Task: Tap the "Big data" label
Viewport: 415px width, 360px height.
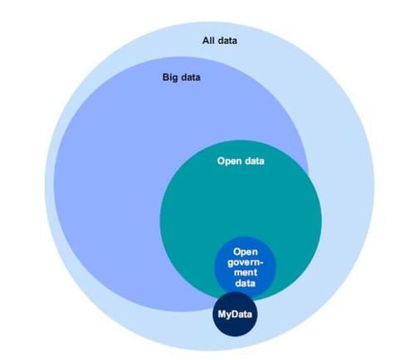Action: pos(182,78)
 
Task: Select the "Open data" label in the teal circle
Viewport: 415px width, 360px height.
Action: pos(240,160)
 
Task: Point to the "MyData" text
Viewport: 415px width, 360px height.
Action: pos(234,315)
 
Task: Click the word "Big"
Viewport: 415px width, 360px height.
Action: pos(169,78)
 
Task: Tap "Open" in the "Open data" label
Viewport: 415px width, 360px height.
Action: pos(228,160)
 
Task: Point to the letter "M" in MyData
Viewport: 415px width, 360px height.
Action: pos(222,315)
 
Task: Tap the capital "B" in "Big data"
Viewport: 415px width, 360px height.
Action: pos(165,78)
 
